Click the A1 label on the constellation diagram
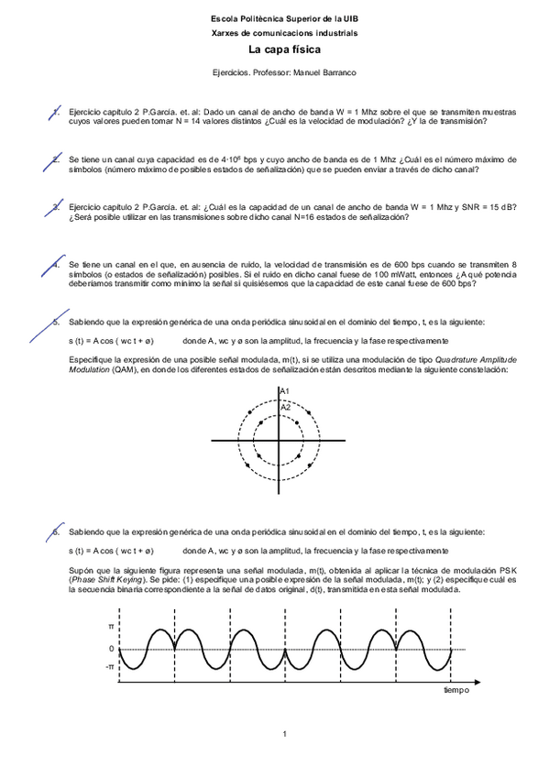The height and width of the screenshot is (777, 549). click(x=285, y=392)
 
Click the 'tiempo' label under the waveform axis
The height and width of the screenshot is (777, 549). click(x=456, y=689)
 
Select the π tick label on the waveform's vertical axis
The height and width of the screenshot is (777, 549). click(x=112, y=628)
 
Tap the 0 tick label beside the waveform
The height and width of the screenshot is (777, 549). click(x=112, y=648)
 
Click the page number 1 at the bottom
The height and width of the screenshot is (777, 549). click(x=285, y=733)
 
